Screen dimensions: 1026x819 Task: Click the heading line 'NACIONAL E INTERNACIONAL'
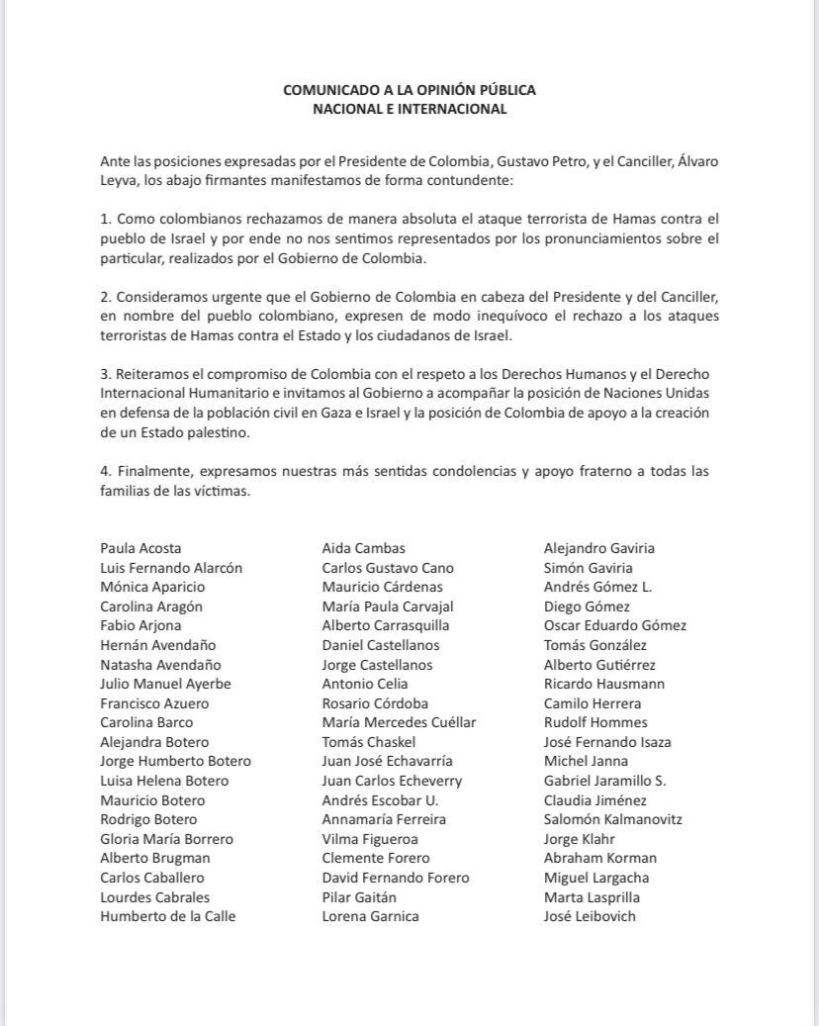(x=409, y=109)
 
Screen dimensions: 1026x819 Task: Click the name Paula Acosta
(x=140, y=548)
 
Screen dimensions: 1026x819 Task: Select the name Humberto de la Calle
(x=167, y=916)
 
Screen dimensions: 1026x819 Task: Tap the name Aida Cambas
(x=363, y=548)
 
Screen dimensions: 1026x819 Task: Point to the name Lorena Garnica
(x=370, y=916)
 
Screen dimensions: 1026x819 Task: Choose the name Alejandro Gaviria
(x=598, y=548)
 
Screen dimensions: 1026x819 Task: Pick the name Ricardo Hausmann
(x=603, y=684)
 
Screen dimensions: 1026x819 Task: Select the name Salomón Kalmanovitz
(x=612, y=819)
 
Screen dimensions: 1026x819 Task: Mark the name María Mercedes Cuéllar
(x=399, y=722)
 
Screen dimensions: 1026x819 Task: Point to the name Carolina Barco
(x=146, y=722)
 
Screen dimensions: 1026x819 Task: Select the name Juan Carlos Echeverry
(x=392, y=781)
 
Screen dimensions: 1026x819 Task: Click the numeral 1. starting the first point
(x=105, y=218)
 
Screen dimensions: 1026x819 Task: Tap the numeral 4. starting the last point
(x=105, y=471)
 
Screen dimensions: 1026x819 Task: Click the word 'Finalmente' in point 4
(x=151, y=471)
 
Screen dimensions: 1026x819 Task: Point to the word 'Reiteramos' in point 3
(x=149, y=374)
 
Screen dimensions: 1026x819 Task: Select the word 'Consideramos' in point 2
(x=158, y=297)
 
